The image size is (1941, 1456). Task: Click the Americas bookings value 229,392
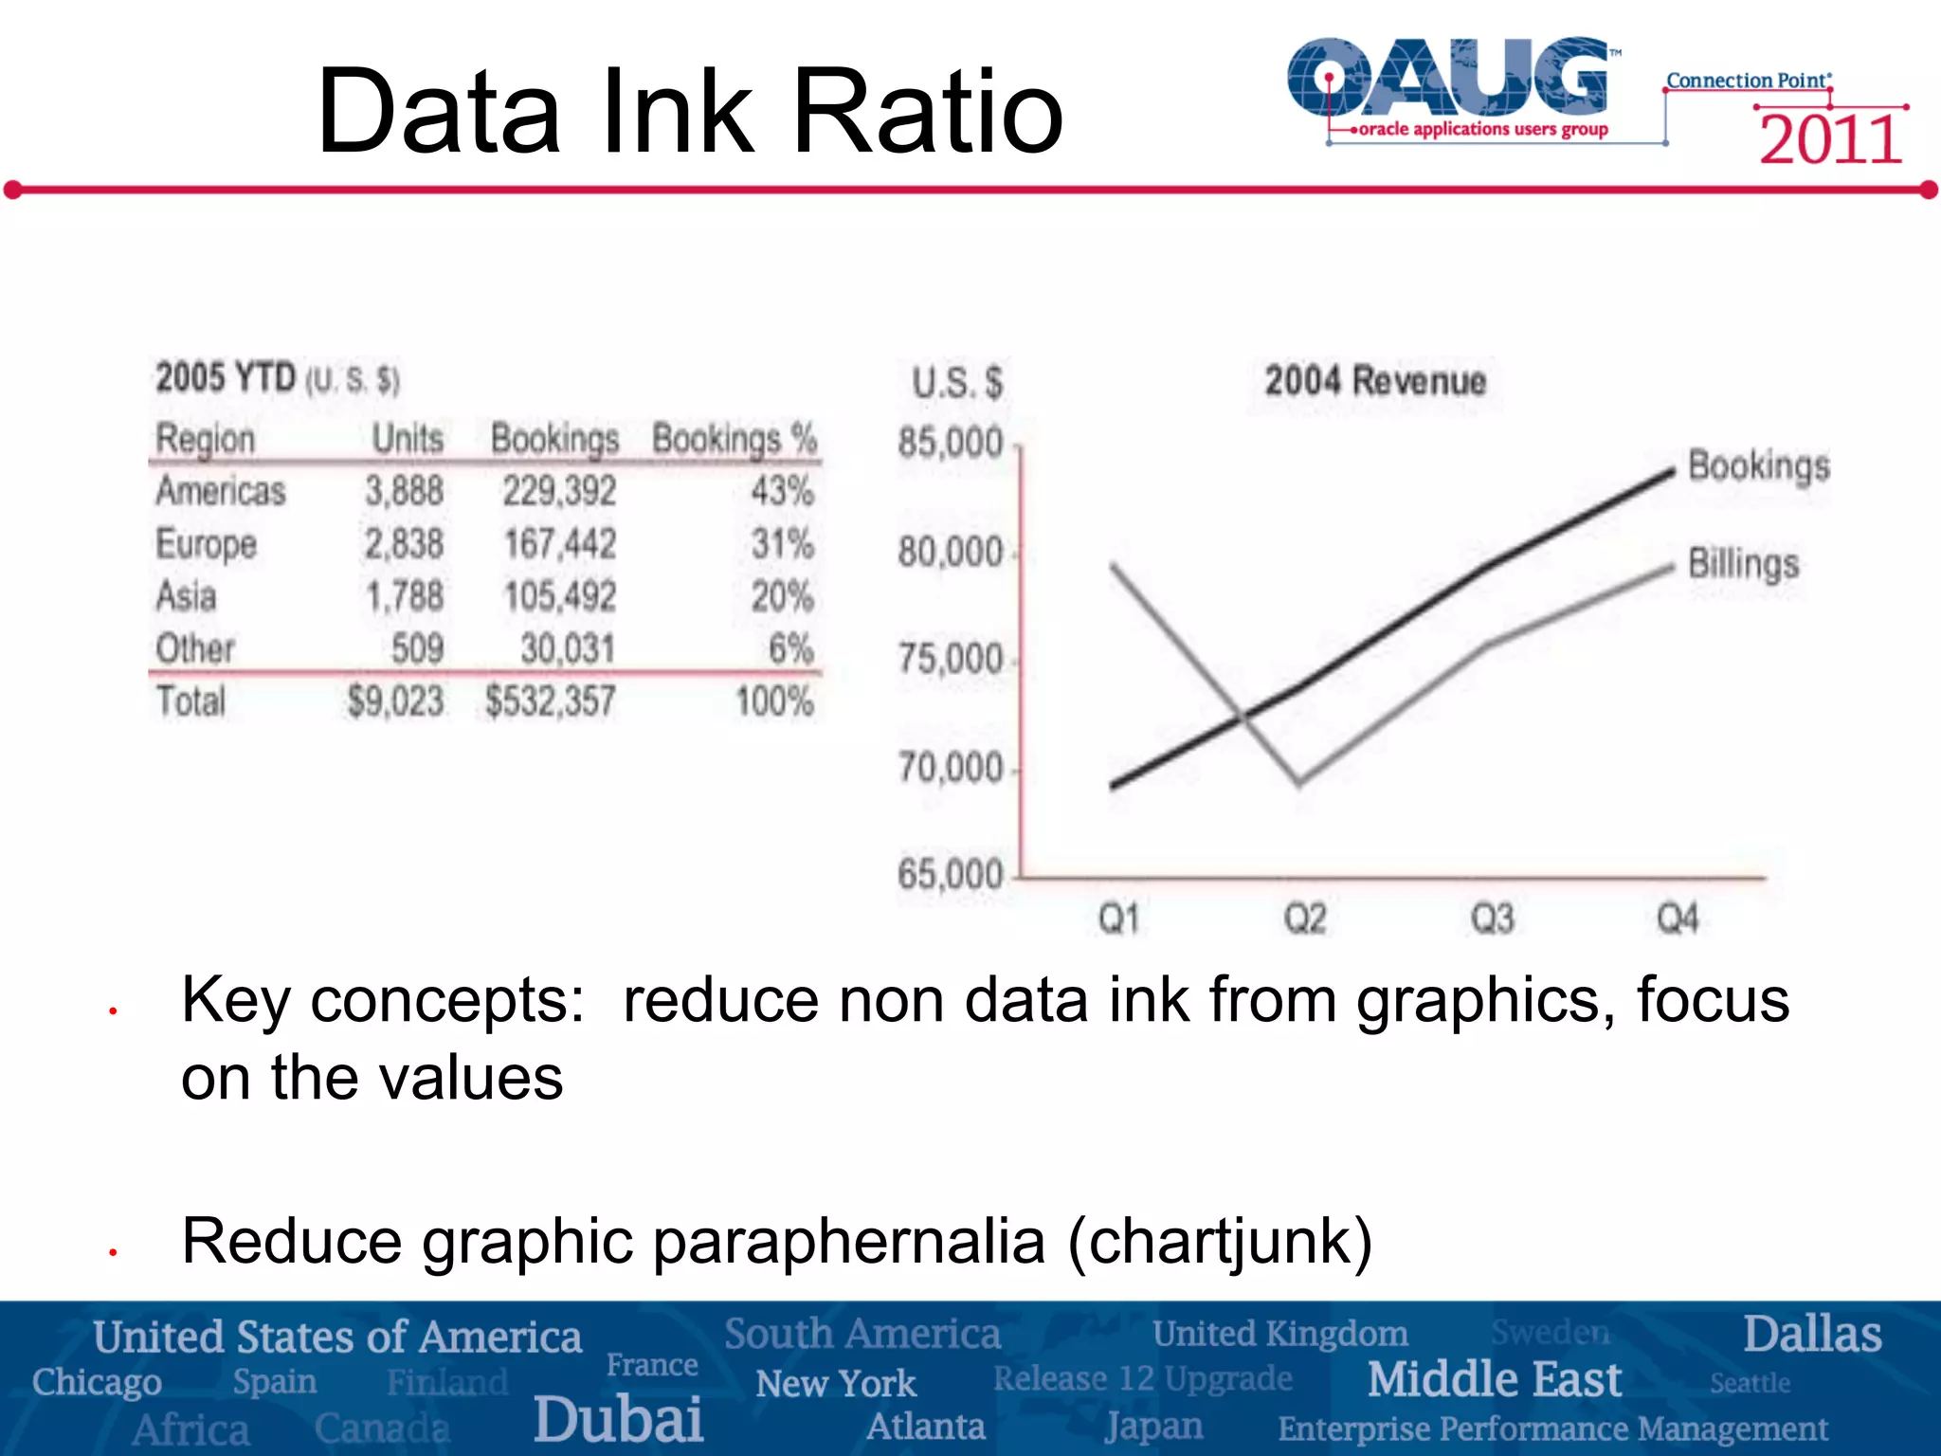coord(559,492)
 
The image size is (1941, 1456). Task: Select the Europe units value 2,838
coord(405,544)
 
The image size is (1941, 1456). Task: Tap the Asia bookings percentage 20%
coord(782,596)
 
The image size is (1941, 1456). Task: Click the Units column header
coord(408,439)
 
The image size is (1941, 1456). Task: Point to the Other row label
coord(195,649)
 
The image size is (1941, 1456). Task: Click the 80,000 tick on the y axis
coord(950,553)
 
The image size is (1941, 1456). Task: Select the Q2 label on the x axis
coord(1304,919)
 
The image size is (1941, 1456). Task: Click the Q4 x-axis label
coord(1678,919)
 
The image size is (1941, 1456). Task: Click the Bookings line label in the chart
coord(1759,466)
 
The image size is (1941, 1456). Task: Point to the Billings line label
coord(1744,564)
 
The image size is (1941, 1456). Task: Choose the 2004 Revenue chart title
coord(1375,381)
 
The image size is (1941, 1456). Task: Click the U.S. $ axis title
coord(957,383)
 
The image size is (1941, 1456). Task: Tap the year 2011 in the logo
coord(1831,140)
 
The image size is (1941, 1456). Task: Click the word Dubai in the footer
coord(618,1419)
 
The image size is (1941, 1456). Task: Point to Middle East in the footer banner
coord(1495,1379)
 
